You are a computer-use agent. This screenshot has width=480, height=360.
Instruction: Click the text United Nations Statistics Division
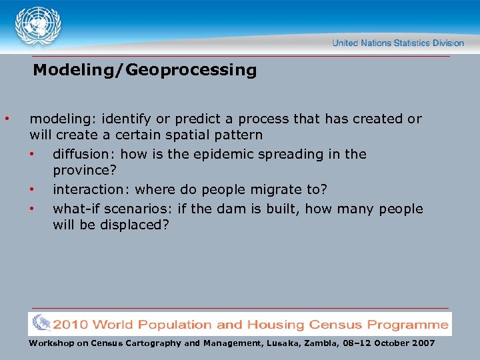tap(398, 43)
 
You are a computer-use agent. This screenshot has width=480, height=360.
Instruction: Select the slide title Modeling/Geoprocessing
tap(145, 70)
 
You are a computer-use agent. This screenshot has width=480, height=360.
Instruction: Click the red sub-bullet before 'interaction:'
tap(31, 189)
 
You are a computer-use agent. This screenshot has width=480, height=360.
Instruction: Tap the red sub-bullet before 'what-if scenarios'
tap(31, 209)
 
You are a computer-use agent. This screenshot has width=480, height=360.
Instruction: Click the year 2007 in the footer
tap(421, 343)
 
